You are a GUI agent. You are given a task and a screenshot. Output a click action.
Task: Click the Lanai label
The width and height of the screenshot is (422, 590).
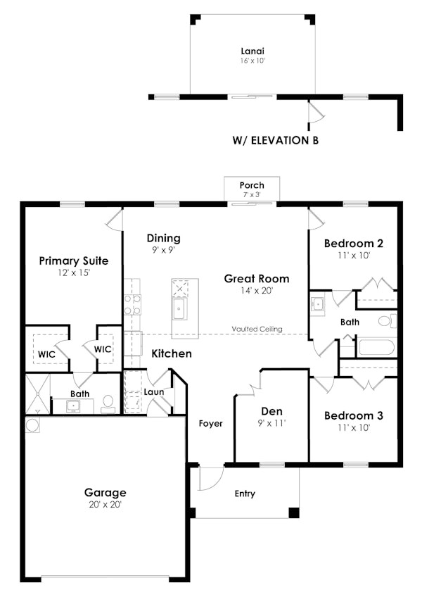(252, 51)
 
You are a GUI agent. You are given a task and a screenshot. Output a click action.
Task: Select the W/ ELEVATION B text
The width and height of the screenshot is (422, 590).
(275, 140)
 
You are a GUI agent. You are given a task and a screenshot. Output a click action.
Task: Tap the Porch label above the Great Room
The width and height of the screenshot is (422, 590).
(252, 185)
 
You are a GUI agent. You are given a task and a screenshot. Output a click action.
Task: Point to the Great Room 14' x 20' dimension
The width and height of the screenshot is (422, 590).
(257, 290)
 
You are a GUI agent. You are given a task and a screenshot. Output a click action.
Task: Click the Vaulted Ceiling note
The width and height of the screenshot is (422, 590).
(257, 329)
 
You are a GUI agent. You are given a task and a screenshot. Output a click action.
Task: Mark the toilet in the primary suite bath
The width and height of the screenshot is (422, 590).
(108, 402)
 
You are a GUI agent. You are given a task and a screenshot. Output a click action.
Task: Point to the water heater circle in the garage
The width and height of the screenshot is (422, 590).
(32, 426)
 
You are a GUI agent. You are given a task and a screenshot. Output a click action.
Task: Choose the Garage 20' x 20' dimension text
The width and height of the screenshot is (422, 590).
(105, 504)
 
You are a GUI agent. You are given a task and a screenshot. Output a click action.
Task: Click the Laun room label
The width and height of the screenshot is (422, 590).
(153, 391)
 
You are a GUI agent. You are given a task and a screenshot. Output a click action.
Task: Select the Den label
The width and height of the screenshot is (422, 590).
(271, 411)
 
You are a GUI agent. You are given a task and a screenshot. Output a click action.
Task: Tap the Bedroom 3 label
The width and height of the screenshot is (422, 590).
(353, 415)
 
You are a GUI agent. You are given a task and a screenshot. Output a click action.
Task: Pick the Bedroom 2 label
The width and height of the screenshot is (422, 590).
(353, 244)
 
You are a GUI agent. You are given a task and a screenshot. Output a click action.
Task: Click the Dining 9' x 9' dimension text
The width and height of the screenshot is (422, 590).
(163, 249)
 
